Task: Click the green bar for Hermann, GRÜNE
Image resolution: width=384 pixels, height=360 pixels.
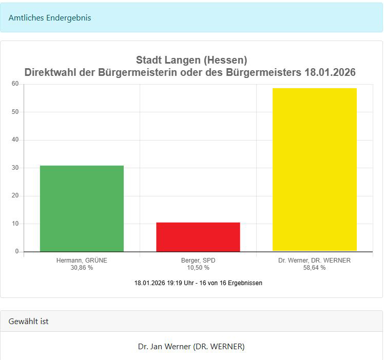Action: point(82,208)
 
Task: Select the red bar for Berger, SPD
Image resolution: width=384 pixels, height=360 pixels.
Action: point(198,237)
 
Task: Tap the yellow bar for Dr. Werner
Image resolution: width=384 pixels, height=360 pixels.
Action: point(314,170)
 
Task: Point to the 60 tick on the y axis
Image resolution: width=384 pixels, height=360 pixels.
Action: point(15,84)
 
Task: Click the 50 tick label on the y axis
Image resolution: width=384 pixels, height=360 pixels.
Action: point(15,112)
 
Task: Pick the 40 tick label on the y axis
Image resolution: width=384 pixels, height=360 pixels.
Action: point(15,139)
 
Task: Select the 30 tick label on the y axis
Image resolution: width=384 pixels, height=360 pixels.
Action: point(15,168)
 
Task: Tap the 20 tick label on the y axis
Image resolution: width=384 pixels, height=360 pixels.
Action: point(15,195)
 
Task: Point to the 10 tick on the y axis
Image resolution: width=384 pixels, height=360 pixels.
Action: point(15,224)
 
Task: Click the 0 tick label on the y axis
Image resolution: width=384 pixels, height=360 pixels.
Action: point(17,251)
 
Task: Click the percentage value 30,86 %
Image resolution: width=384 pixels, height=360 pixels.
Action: point(82,268)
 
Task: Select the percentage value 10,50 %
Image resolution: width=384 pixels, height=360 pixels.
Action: point(198,268)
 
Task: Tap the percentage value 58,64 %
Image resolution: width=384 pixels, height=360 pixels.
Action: point(314,268)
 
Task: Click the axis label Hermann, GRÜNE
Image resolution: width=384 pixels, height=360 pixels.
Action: point(82,261)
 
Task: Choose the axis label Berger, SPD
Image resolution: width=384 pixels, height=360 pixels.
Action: point(198,261)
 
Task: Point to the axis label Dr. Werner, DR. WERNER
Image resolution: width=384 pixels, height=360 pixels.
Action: point(314,261)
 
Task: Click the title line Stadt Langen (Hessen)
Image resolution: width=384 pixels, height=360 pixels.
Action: point(191,61)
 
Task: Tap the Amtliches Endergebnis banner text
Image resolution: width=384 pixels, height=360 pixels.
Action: point(50,17)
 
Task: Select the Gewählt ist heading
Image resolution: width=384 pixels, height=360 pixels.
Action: point(29,322)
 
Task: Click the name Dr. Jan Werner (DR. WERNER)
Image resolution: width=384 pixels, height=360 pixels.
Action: point(191,347)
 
